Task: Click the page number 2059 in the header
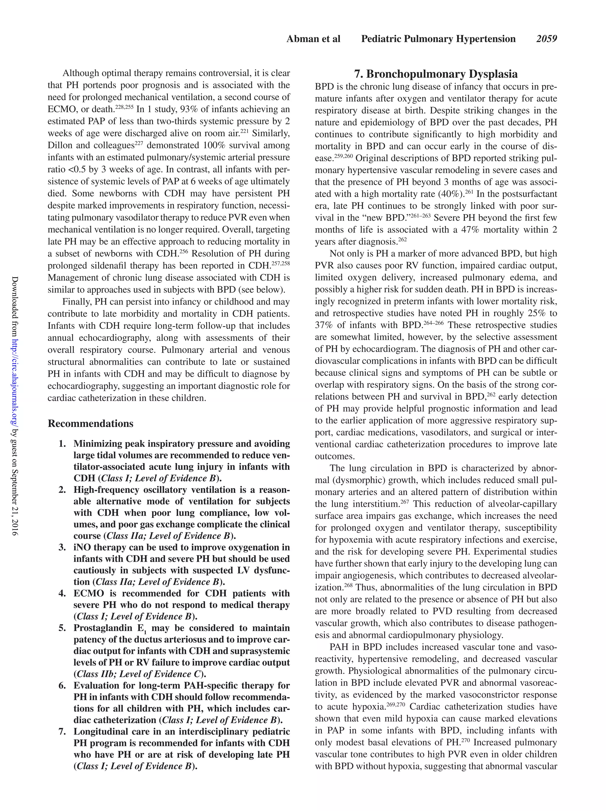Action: tap(546, 39)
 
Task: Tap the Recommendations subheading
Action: tap(91, 423)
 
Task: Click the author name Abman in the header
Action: tap(301, 39)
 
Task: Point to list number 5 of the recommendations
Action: tap(62, 628)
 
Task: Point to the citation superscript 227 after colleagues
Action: tap(138, 143)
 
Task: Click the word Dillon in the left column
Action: tap(60, 146)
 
